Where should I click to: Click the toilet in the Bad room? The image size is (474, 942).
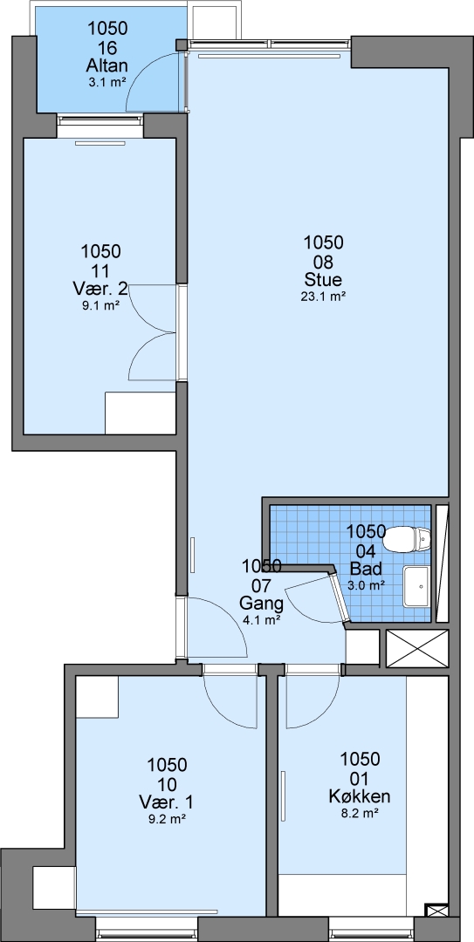tap(409, 539)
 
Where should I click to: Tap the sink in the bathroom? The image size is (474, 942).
tap(417, 586)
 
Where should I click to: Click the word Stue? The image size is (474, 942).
tap(324, 280)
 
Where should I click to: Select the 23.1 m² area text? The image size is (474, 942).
tap(324, 296)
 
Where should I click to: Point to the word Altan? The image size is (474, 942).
tap(107, 66)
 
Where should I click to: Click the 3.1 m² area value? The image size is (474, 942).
tap(107, 83)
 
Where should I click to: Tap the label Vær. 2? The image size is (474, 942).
tap(100, 289)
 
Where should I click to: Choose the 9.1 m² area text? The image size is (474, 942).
tap(100, 304)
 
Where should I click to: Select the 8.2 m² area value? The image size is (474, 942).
tap(360, 813)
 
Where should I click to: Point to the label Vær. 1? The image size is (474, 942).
tap(167, 802)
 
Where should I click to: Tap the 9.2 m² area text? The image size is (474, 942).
tap(167, 818)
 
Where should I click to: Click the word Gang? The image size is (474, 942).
tap(262, 603)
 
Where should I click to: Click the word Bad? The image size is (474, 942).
tap(367, 568)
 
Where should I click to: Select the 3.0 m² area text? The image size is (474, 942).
tap(367, 584)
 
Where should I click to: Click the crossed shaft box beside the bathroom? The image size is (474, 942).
tap(417, 648)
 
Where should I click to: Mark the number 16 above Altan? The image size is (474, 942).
tap(107, 48)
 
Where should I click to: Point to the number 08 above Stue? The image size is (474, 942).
tap(324, 262)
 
